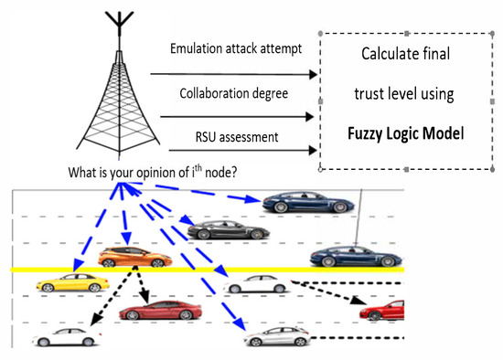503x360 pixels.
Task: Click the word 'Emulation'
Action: [197, 47]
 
